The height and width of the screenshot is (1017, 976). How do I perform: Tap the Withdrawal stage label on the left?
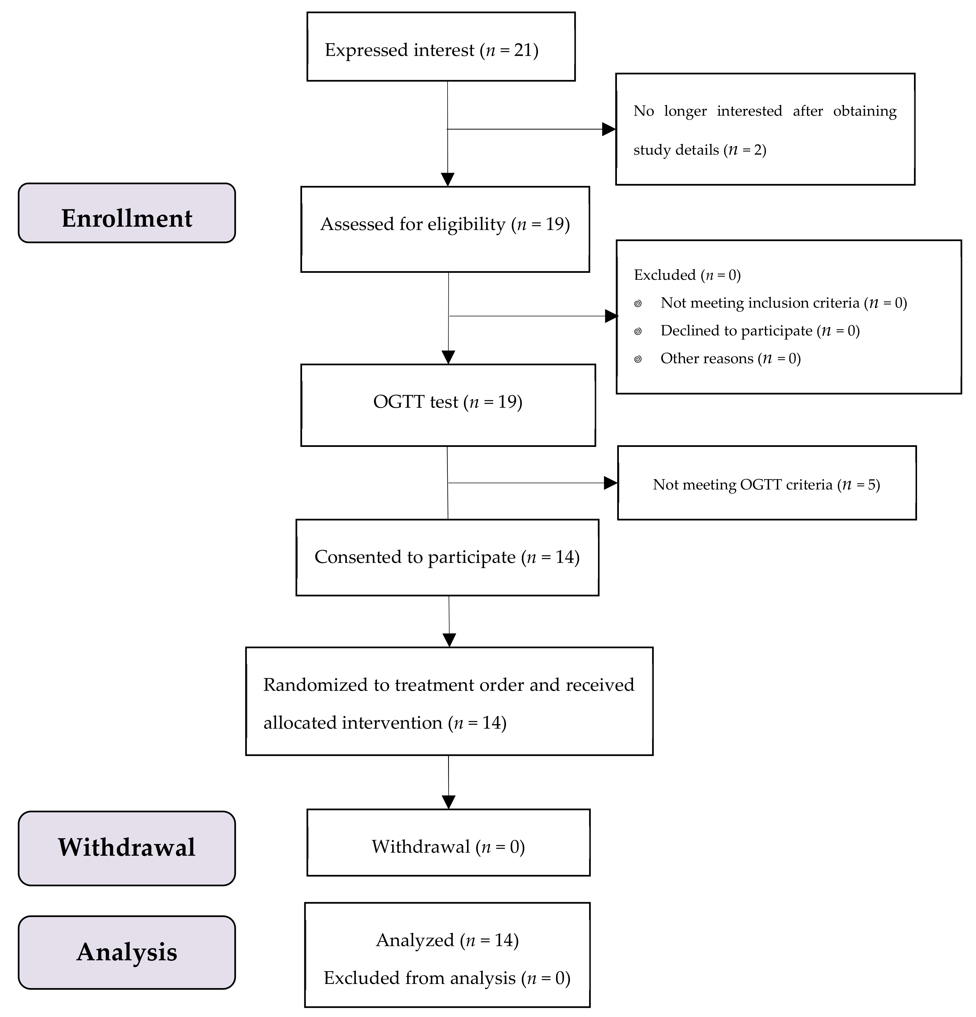coord(127,847)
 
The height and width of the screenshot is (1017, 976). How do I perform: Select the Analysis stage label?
coord(127,952)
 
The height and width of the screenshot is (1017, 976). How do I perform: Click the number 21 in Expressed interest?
coord(523,50)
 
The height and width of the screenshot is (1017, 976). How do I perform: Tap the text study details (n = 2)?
coord(700,150)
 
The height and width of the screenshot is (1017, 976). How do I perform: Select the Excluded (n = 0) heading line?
coord(687,275)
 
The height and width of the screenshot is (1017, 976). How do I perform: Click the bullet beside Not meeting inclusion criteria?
coord(638,304)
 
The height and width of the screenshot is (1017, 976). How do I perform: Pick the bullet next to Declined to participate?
coord(638,331)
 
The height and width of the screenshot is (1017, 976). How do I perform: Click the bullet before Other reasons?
coord(638,359)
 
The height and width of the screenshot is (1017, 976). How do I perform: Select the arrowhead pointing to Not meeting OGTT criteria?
coord(611,483)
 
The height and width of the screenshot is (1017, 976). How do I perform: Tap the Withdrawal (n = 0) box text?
coord(448,847)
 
